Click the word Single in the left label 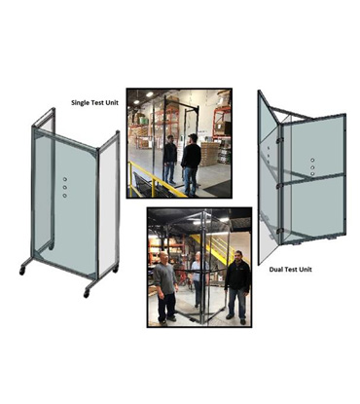(x=81, y=103)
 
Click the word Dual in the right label (x=275, y=270)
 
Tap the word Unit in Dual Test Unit (x=306, y=270)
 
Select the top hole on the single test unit (x=65, y=179)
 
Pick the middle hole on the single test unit (x=65, y=187)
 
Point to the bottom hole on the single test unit (x=65, y=196)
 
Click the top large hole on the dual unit (x=312, y=160)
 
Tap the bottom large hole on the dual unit (x=312, y=174)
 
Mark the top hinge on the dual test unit (x=280, y=140)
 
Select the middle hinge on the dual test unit (x=280, y=186)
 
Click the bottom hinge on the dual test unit (x=280, y=231)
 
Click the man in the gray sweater (x=165, y=287)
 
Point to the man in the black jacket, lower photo (x=237, y=287)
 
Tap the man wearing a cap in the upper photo (x=191, y=164)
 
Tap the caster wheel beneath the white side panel (x=116, y=269)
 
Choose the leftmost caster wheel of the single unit (x=22, y=271)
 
